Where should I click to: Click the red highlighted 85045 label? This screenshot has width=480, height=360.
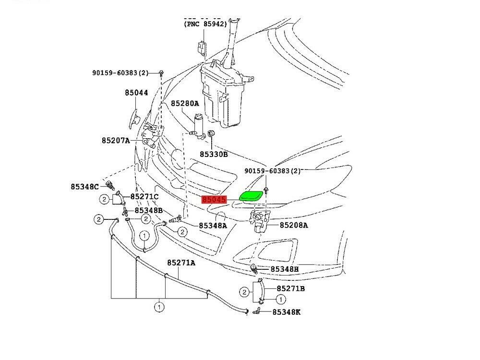[x=214, y=200]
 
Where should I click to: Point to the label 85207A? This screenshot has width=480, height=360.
[x=116, y=141]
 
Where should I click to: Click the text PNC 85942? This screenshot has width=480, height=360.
[x=205, y=24]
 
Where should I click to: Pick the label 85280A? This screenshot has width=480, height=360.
[x=185, y=103]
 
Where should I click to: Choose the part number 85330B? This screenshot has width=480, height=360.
[x=214, y=155]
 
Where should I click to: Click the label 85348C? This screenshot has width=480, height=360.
[x=84, y=186]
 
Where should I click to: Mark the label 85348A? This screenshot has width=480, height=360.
[x=213, y=225]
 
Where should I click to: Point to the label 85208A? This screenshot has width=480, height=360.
[x=294, y=225]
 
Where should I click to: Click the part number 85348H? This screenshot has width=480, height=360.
[x=284, y=269]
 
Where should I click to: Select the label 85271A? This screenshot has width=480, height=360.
[x=181, y=263]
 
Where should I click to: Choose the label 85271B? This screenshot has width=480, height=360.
[x=291, y=288]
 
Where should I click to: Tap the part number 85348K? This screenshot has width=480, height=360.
[x=286, y=312]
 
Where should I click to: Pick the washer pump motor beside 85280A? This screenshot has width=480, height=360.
[x=199, y=126]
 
